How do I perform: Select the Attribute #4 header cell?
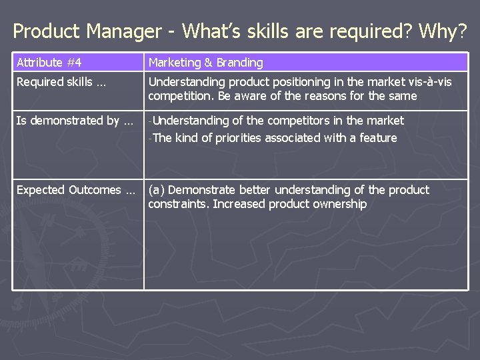49,63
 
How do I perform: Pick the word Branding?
237,63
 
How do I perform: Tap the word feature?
377,138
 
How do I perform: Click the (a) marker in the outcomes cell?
157,190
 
